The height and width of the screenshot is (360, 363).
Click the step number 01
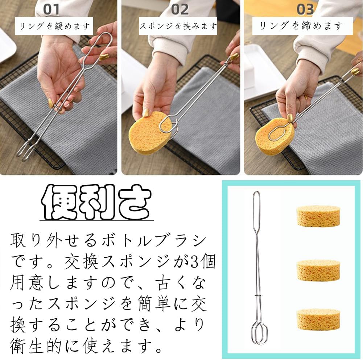click(x=51, y=9)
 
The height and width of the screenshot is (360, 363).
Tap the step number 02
click(x=180, y=9)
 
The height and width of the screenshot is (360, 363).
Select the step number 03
click(x=305, y=9)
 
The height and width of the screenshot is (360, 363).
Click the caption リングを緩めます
click(x=54, y=26)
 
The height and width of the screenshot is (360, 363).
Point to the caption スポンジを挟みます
click(x=178, y=26)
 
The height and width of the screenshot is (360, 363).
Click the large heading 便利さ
click(x=96, y=202)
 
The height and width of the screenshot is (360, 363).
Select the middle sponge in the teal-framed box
click(x=318, y=270)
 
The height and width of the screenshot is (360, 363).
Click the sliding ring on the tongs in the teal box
click(x=259, y=295)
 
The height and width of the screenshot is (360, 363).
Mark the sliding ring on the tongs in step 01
click(x=57, y=106)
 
